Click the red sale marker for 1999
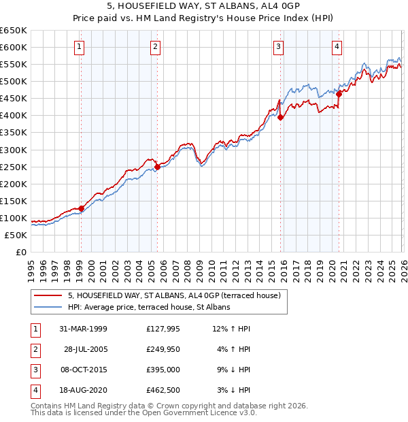81,208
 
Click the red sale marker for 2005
157,166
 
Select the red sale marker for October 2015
280,116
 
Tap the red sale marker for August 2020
339,94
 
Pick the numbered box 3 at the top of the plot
279,46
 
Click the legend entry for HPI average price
149,307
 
